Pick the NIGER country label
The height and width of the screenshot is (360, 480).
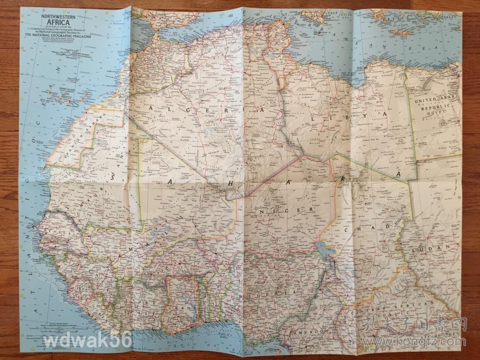(x=286, y=211)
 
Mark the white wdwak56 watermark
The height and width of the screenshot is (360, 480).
(x=88, y=341)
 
